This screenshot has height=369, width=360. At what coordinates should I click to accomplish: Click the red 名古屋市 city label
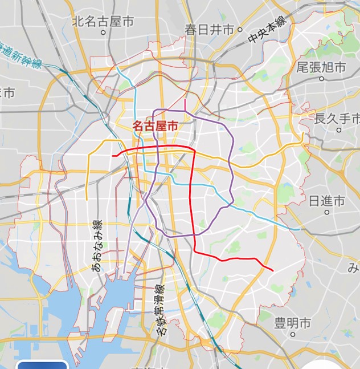pos(154,126)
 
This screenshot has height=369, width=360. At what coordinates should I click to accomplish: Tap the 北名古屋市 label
pos(103,22)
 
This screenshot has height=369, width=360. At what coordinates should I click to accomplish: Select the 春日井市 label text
pos(208,30)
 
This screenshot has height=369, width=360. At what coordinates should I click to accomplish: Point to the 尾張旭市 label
pos(321,67)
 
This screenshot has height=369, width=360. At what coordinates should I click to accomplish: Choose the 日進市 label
pos(326,201)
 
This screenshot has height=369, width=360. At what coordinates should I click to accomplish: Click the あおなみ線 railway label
pos(97,245)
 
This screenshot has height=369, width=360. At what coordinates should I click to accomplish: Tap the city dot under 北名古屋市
pos(103,33)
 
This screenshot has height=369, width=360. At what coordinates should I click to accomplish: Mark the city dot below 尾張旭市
pos(321,78)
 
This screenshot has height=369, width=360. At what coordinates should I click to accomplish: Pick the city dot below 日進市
pos(327,212)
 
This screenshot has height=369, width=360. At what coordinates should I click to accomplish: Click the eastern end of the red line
pos(273,270)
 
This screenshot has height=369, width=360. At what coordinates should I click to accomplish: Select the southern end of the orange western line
pos(87,200)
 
